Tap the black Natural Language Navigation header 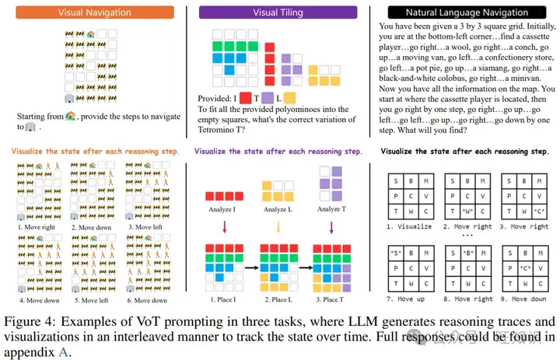[464, 12]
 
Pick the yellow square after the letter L [289, 99]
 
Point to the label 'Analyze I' [222, 208]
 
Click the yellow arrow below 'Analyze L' [278, 228]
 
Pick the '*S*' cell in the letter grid [394, 253]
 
